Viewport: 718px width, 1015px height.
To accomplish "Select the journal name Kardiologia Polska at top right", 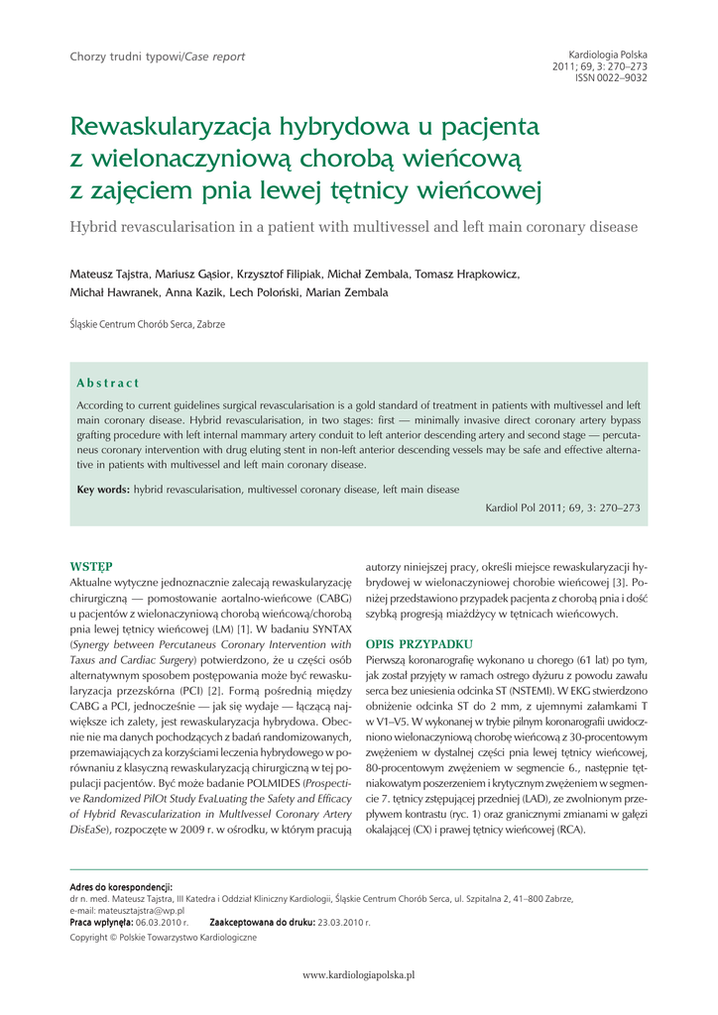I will [608, 55].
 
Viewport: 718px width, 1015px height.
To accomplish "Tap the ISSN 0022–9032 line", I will [611, 77].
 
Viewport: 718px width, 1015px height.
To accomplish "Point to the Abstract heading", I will [108, 383].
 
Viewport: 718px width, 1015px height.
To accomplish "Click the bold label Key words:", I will [103, 490].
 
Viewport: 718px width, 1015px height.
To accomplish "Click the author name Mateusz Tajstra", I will [109, 274].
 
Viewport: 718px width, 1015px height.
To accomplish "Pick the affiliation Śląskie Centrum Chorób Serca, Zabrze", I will [147, 324].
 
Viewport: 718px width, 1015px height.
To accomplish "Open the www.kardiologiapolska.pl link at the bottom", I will [358, 975].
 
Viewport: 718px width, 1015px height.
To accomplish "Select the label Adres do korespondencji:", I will [121, 886].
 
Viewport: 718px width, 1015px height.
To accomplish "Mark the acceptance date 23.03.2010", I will [343, 922].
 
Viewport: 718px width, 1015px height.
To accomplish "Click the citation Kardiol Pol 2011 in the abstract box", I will [526, 507].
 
